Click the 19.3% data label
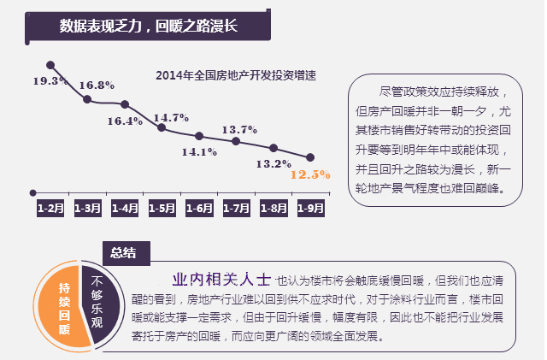(50, 81)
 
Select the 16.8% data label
(97, 86)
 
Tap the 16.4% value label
(125, 121)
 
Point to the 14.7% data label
(171, 117)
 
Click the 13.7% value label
(239, 130)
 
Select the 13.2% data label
(273, 163)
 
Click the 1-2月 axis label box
(50, 208)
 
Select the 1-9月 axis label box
(310, 208)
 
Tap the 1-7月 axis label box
(236, 208)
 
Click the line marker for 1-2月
(50, 65)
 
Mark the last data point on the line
(310, 157)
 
